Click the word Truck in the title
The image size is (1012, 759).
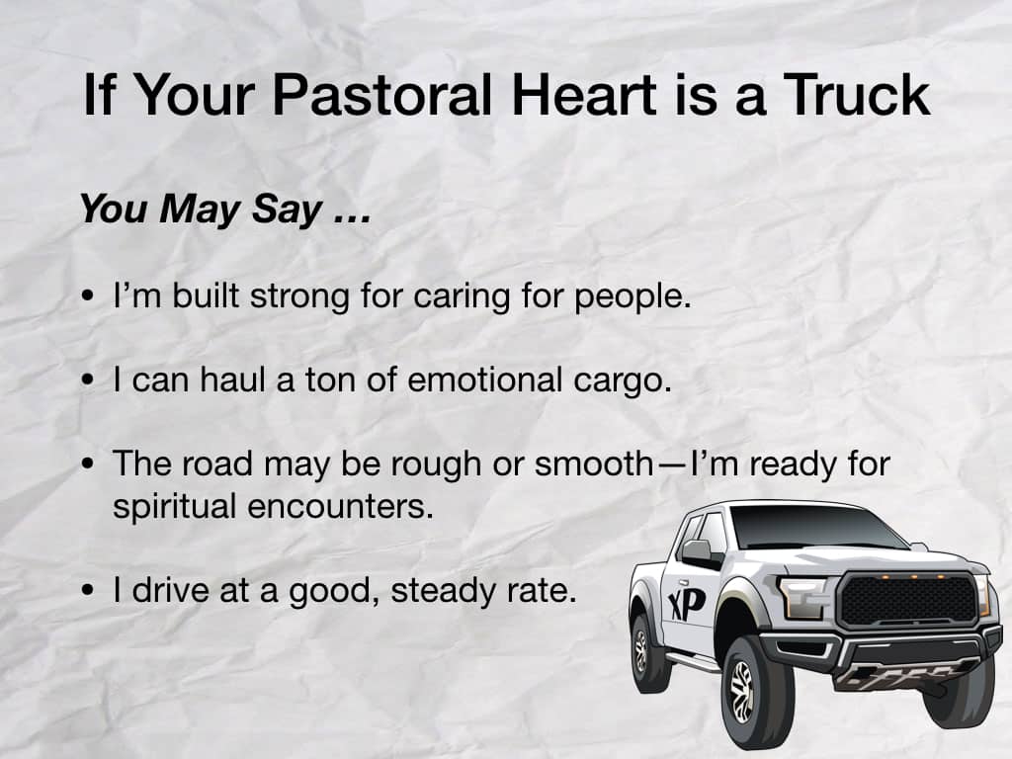pyautogui.click(x=857, y=94)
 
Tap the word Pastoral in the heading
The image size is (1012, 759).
pyautogui.click(x=382, y=94)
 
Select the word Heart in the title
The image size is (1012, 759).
pyautogui.click(x=584, y=94)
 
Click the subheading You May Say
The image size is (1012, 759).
pyautogui.click(x=225, y=210)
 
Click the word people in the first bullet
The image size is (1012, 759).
pyautogui.click(x=632, y=297)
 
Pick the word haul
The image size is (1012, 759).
pyautogui.click(x=231, y=379)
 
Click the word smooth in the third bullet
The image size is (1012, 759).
pyautogui.click(x=594, y=464)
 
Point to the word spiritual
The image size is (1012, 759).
pyautogui.click(x=174, y=507)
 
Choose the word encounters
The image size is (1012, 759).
pyautogui.click(x=340, y=506)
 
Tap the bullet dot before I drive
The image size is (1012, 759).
pyautogui.click(x=88, y=591)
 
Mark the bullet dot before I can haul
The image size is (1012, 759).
pyautogui.click(x=88, y=380)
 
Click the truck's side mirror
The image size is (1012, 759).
pyautogui.click(x=696, y=550)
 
